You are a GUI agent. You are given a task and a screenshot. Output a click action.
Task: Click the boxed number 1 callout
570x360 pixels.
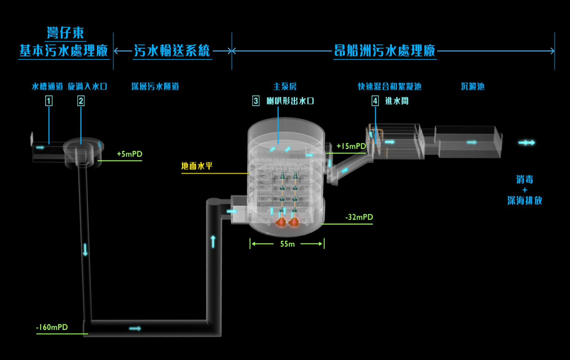click(49, 101)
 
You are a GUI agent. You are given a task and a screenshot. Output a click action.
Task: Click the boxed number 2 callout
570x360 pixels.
click(81, 101)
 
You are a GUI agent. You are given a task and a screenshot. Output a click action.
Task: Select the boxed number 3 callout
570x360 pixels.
click(256, 101)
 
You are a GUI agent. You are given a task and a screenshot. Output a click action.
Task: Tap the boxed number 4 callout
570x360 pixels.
click(375, 101)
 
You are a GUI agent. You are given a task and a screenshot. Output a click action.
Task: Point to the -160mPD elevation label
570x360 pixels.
click(52, 327)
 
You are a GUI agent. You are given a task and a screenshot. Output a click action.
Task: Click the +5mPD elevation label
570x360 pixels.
click(129, 154)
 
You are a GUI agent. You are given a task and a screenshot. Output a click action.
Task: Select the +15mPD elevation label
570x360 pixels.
click(351, 146)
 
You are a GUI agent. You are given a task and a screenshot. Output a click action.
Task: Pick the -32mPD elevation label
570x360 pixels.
click(359, 217)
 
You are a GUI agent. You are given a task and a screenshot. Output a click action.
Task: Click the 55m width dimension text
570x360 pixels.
click(287, 244)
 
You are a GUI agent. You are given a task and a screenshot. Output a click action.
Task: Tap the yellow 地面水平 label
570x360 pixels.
click(197, 166)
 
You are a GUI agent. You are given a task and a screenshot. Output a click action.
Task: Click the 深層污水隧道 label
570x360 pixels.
click(155, 86)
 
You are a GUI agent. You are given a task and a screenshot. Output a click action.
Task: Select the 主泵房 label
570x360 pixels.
click(285, 86)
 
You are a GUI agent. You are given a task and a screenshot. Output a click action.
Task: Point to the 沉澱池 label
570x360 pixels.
click(473, 86)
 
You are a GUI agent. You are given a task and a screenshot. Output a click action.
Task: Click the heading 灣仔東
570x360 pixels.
click(65, 33)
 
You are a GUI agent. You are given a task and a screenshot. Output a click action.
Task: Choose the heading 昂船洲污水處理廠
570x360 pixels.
click(385, 51)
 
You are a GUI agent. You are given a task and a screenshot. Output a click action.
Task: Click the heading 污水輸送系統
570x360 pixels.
click(172, 51)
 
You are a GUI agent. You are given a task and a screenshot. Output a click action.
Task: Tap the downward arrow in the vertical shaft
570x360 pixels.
click(85, 250)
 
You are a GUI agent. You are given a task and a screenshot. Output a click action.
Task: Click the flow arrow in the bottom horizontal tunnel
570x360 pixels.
click(135, 329)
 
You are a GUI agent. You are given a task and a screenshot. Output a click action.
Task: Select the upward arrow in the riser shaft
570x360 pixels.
click(213, 241)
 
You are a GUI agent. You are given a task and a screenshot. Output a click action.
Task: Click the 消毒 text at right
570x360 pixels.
click(525, 179)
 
